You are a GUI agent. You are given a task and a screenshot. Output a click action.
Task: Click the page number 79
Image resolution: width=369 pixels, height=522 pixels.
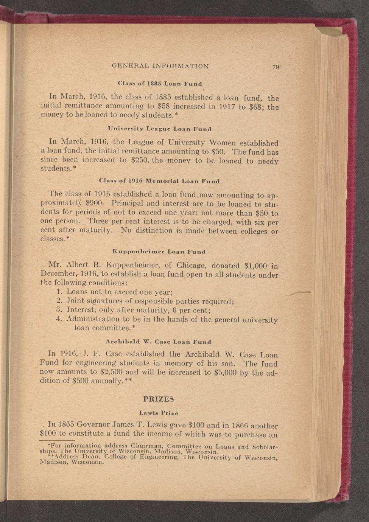275,67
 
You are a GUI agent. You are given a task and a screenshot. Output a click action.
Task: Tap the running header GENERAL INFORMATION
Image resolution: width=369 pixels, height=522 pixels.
160,66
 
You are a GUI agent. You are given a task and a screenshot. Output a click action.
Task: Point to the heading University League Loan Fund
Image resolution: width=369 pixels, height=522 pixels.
159,129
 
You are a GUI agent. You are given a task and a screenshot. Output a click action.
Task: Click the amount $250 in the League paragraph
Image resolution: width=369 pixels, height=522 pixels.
141,160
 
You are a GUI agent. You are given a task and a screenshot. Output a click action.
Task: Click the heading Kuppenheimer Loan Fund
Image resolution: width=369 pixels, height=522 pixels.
159,252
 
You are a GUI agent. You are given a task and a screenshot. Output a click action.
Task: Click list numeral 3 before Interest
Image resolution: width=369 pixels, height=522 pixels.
59,310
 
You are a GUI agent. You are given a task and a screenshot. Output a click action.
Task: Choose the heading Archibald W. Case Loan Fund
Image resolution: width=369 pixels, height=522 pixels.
158,342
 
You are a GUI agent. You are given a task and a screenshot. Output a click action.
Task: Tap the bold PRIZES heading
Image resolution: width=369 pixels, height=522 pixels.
159,399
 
